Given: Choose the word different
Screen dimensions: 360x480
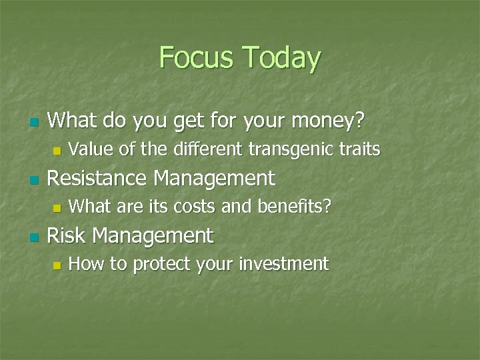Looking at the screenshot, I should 210,149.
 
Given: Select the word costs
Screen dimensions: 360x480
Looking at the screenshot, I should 195,207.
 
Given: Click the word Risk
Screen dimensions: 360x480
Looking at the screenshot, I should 67,235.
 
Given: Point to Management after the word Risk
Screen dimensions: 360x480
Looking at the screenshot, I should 153,236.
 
